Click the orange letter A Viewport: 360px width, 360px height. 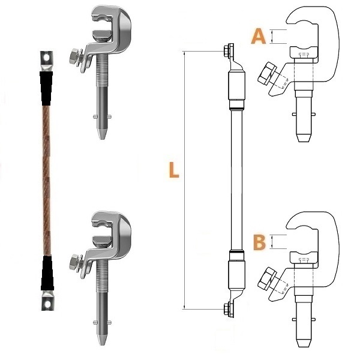(x=259, y=36)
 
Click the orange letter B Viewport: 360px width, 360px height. (x=259, y=242)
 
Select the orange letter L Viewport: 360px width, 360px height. (x=174, y=170)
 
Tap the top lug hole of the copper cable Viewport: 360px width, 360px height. (x=47, y=57)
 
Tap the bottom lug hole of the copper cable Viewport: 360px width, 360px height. (x=47, y=305)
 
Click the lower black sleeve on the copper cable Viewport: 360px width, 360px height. (x=47, y=273)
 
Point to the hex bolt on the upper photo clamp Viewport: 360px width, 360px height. (x=74, y=57)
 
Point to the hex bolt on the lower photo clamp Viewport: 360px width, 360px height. (x=74, y=262)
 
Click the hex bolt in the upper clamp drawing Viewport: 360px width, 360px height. (x=267, y=73)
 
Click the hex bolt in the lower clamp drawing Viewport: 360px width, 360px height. (x=267, y=278)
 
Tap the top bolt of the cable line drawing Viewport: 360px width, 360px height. (x=228, y=50)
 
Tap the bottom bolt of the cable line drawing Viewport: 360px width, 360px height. (x=228, y=310)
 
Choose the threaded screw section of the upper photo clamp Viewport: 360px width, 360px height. (x=102, y=70)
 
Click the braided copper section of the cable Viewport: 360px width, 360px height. (x=47, y=181)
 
